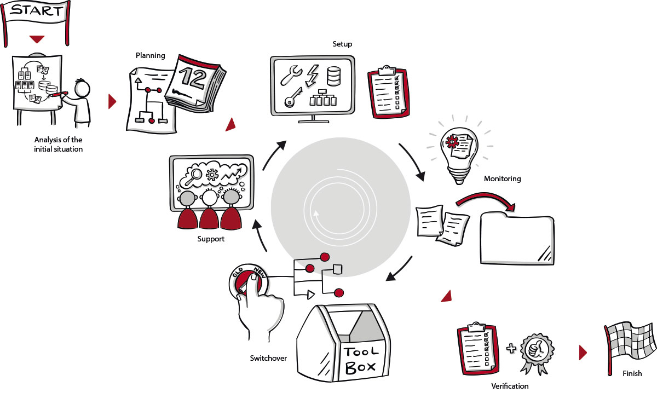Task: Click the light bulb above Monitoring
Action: pyautogui.click(x=458, y=150)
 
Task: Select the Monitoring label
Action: pyautogui.click(x=502, y=178)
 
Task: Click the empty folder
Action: pyautogui.click(x=516, y=239)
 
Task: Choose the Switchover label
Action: pyautogui.click(x=268, y=358)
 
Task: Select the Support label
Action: pyautogui.click(x=211, y=239)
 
